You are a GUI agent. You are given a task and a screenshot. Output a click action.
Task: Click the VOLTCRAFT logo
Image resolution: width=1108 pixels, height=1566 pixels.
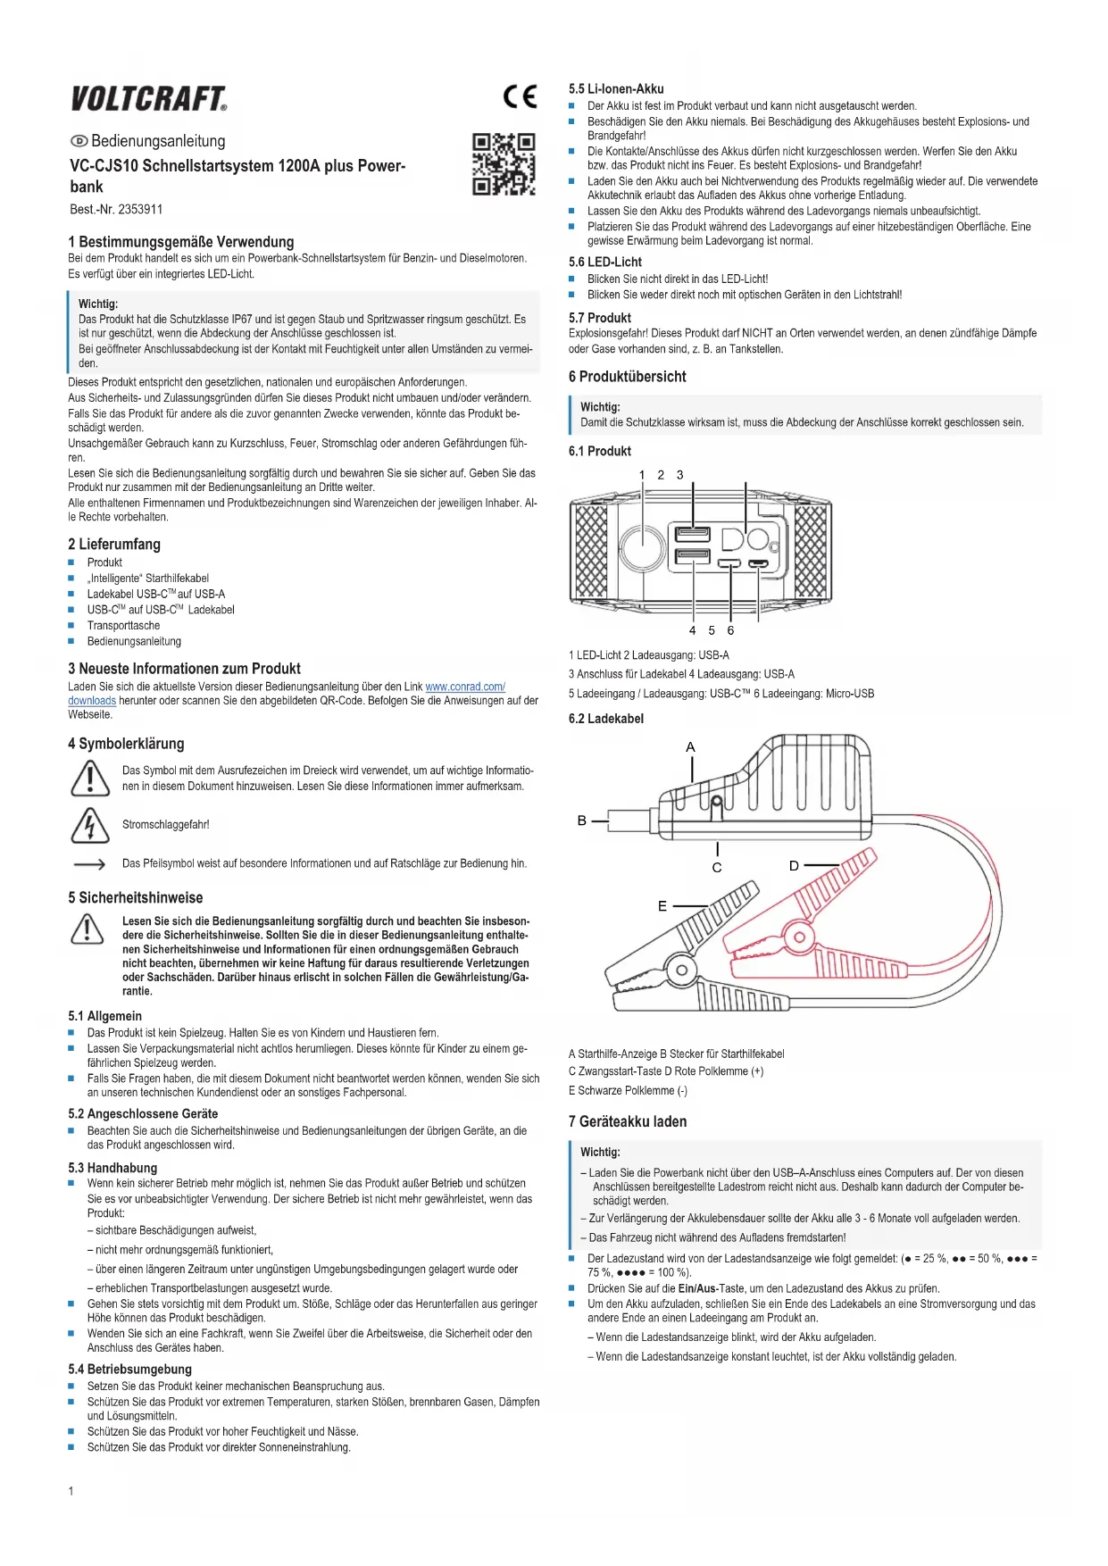[x=148, y=98]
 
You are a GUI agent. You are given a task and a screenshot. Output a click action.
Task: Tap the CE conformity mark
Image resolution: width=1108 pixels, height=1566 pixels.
[x=520, y=96]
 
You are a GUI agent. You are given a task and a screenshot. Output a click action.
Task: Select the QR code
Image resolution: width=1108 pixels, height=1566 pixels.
[x=504, y=164]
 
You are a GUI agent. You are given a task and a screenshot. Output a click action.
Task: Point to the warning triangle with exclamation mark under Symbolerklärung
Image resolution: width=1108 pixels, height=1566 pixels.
[x=89, y=778]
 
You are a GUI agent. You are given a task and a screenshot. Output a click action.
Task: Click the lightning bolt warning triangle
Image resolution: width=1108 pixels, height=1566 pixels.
[x=89, y=825]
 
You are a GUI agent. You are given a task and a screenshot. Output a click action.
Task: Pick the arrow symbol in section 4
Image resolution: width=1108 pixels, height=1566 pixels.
[x=89, y=864]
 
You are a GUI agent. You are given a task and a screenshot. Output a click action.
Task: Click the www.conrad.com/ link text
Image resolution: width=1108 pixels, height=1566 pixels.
[x=465, y=687]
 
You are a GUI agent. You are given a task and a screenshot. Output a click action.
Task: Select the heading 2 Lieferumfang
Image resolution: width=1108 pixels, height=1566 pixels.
[x=114, y=545]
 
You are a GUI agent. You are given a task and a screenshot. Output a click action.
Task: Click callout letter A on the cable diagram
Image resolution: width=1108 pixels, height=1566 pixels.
[x=690, y=747]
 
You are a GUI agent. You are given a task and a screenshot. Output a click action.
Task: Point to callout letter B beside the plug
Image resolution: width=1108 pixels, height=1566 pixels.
[x=582, y=820]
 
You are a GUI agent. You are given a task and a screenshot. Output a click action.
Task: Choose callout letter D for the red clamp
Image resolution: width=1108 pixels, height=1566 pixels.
[x=794, y=865]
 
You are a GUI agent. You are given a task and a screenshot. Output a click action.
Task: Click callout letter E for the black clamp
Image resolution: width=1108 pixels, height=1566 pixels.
[x=662, y=906]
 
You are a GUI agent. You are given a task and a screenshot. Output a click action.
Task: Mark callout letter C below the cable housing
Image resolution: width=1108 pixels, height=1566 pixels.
[x=717, y=868]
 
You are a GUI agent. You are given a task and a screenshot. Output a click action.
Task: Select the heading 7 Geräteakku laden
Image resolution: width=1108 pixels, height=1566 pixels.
[x=628, y=1122]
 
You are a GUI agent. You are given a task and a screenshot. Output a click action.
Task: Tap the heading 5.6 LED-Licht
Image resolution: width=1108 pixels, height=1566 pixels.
[x=605, y=262]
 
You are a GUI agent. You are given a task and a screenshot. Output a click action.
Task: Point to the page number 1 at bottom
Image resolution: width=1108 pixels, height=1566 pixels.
[x=71, y=1491]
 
